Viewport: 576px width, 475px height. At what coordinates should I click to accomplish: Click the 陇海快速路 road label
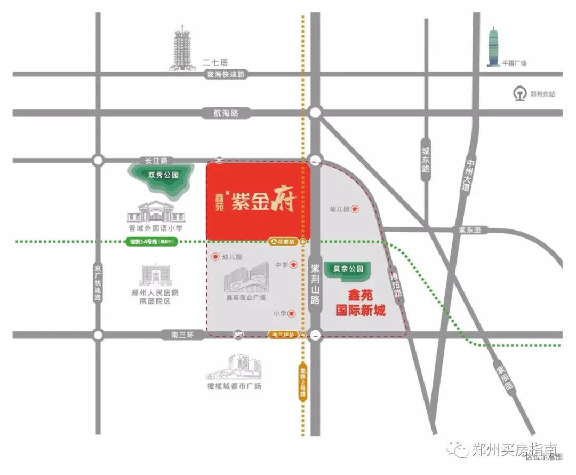click(x=226, y=75)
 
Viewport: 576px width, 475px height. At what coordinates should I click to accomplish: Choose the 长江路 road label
click(x=156, y=160)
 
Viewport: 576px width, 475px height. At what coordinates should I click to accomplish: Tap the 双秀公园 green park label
click(x=163, y=175)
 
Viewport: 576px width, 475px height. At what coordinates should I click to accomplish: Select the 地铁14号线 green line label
click(x=152, y=242)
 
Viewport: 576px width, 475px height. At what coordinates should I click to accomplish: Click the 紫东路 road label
click(x=469, y=230)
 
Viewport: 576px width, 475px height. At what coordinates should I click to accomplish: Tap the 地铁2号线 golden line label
click(x=302, y=380)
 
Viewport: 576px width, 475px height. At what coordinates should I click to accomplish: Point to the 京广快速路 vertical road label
click(x=98, y=282)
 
